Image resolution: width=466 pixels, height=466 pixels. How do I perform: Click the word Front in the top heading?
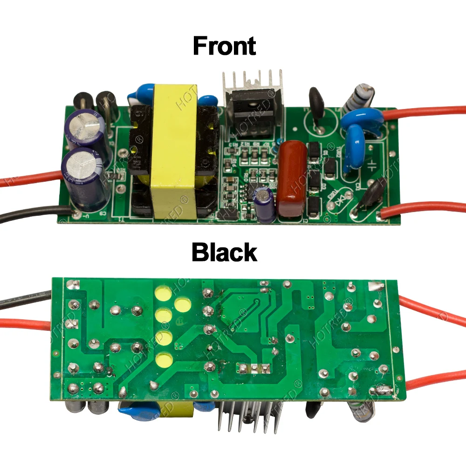pyautogui.click(x=224, y=46)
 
